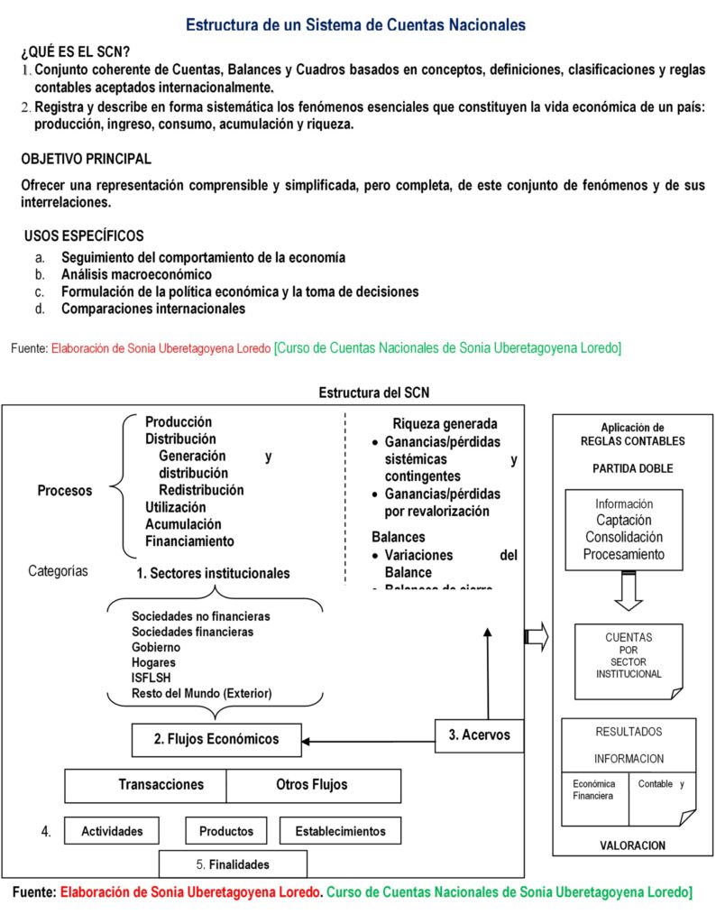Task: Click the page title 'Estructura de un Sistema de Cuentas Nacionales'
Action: tap(356, 24)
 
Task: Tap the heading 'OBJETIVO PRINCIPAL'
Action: tap(87, 159)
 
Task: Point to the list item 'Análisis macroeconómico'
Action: tap(136, 274)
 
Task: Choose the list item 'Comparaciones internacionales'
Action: tap(153, 309)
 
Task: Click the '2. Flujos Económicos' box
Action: tap(216, 739)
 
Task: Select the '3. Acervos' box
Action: tap(479, 735)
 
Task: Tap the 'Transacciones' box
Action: tap(145, 785)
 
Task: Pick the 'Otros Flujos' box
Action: tap(312, 785)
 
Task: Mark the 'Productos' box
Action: tap(226, 831)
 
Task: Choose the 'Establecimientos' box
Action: tap(340, 831)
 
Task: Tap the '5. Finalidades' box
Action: tap(233, 864)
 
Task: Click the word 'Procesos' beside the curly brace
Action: tap(65, 491)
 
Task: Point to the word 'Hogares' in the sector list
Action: tap(152, 662)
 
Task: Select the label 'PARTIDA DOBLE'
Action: tap(632, 468)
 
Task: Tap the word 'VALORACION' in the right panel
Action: tap(632, 845)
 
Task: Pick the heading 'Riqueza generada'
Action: tap(445, 423)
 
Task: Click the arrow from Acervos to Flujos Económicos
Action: tap(370, 743)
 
